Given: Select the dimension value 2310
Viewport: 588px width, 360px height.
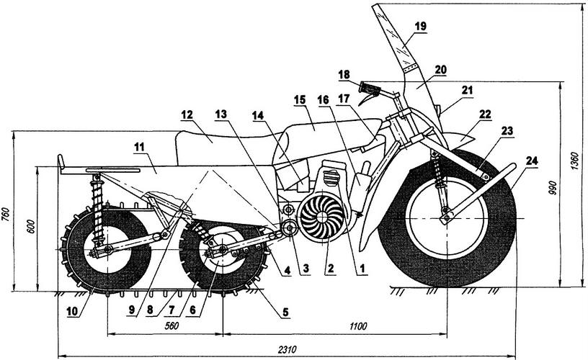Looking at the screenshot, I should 287,349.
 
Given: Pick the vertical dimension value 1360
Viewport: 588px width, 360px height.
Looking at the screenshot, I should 574,166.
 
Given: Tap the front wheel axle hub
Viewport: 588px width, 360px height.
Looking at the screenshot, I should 447,213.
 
